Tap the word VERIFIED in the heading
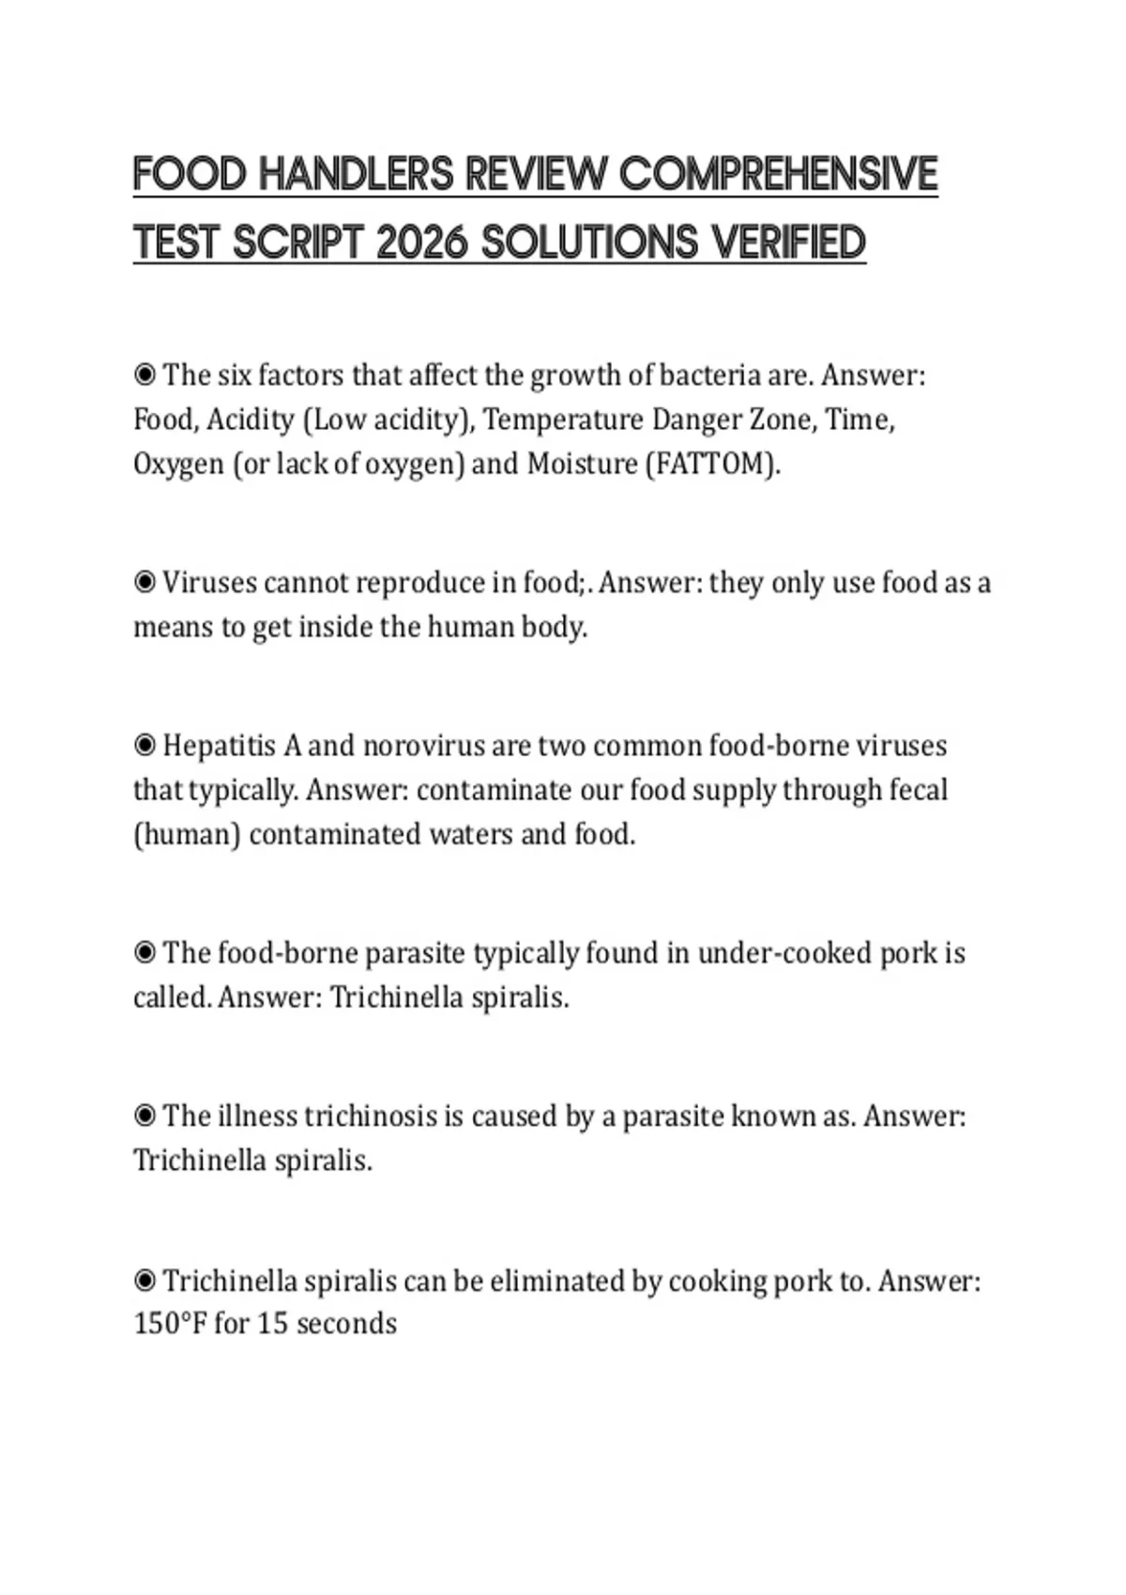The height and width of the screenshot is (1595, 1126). click(788, 243)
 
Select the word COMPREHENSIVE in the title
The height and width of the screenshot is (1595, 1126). click(779, 175)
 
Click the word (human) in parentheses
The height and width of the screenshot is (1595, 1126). click(187, 834)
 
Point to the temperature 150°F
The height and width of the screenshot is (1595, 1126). click(170, 1324)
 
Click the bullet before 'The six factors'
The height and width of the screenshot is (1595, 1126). click(145, 375)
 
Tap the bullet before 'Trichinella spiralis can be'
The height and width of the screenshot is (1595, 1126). click(145, 1281)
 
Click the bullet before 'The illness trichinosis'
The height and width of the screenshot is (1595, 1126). click(145, 1116)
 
